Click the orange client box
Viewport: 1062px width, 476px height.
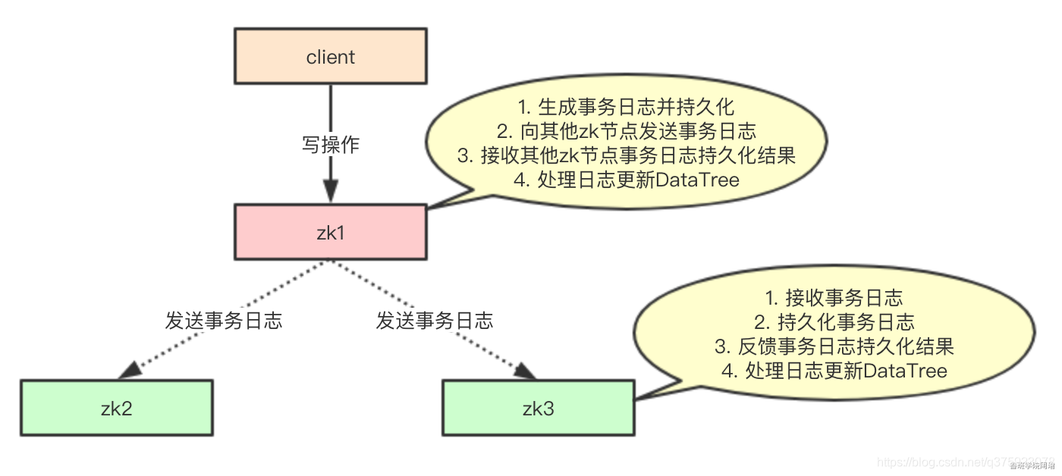(330, 57)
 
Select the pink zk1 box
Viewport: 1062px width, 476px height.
(330, 232)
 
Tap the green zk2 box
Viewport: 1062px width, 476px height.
(116, 408)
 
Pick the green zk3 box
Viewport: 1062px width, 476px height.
(539, 409)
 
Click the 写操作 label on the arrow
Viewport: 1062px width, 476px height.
(330, 145)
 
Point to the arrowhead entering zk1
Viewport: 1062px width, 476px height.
(330, 193)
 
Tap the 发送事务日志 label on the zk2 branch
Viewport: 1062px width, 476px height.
(224, 321)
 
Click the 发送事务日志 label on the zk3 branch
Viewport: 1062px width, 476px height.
(435, 321)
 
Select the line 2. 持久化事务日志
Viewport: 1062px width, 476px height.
(834, 322)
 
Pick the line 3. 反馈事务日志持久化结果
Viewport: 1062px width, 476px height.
(834, 346)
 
